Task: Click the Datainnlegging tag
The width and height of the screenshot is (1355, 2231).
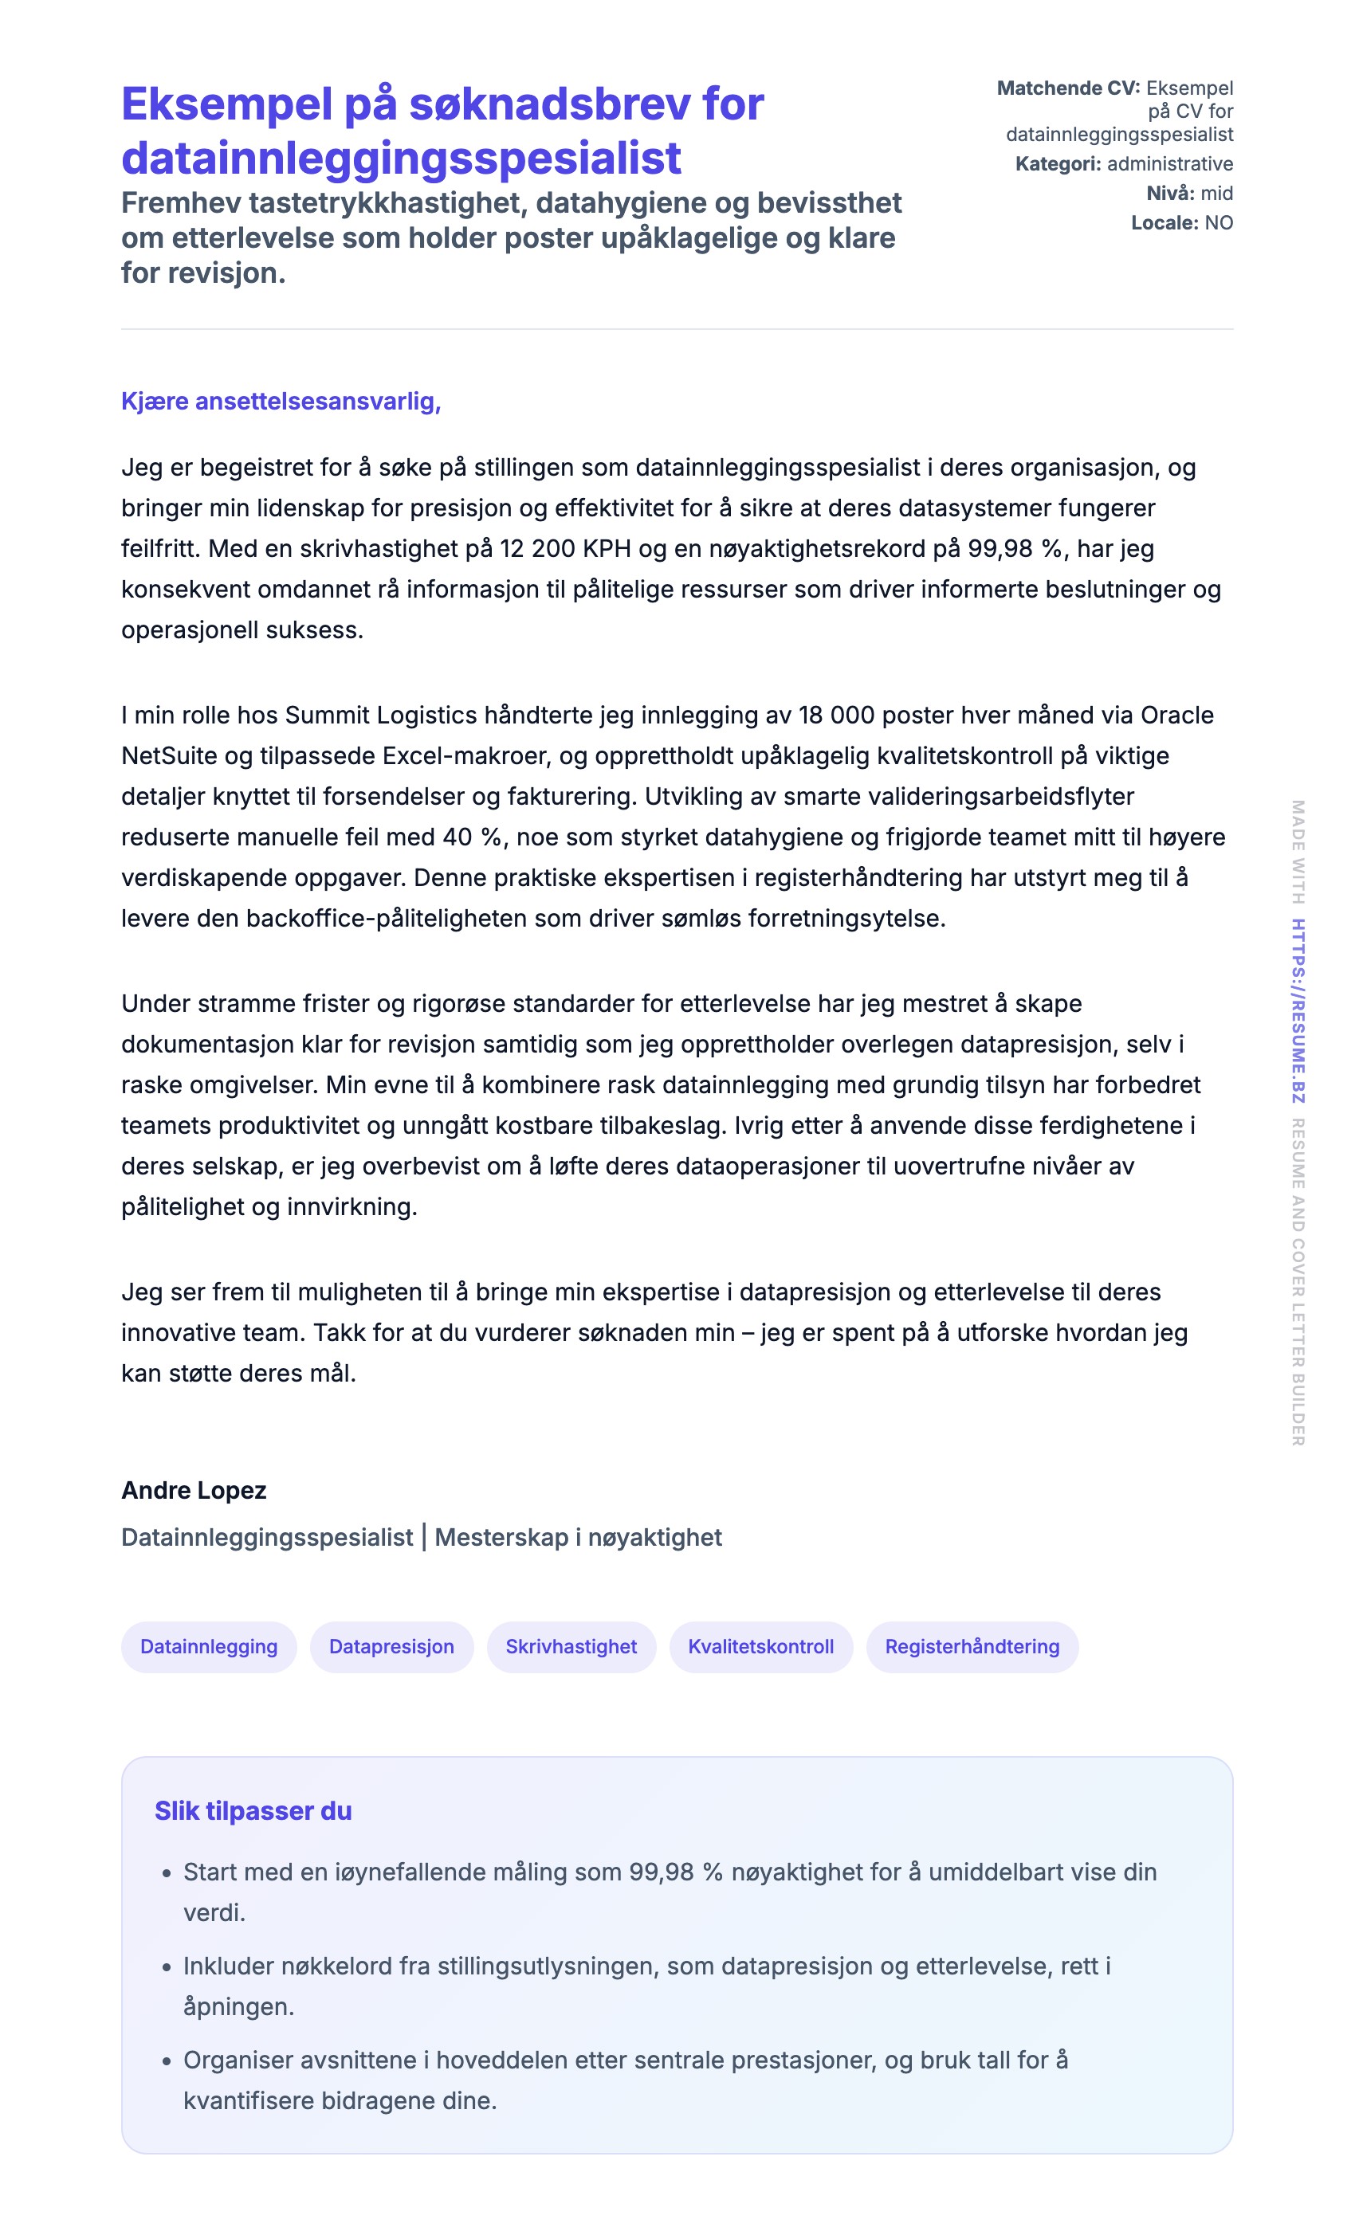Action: pos(208,1646)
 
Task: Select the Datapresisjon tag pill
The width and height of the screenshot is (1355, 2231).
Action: pos(391,1646)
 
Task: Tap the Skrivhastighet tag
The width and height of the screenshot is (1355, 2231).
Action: pos(571,1646)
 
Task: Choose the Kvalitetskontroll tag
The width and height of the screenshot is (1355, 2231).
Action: pos(761,1646)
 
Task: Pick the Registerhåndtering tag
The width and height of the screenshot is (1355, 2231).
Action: pos(972,1646)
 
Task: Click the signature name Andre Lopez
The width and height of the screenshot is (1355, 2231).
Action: pos(194,1490)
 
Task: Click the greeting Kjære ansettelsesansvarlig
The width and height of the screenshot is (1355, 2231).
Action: pos(281,401)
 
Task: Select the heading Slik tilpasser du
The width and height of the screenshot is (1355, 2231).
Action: pos(253,1811)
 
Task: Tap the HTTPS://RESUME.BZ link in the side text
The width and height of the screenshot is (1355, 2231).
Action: pos(1298,1010)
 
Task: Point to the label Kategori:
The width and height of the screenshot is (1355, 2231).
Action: pos(1058,164)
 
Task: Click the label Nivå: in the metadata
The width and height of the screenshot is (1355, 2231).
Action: pos(1170,193)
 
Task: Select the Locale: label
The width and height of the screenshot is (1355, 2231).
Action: pos(1164,223)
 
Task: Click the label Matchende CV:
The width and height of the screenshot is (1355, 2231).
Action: pos(1068,88)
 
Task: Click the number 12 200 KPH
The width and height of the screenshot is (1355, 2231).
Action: pos(565,549)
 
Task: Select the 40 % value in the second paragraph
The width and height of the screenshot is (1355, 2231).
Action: pos(472,837)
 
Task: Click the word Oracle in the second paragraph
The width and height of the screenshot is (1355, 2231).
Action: pos(1176,716)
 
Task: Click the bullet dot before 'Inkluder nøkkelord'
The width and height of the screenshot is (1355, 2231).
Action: pos(167,1967)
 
